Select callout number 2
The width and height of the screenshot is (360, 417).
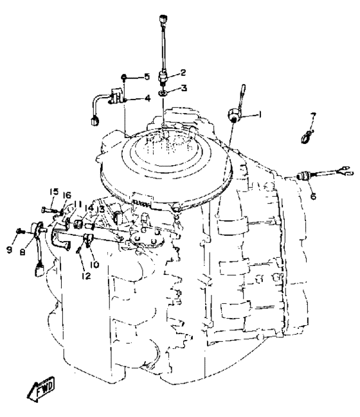pyautogui.click(x=183, y=73)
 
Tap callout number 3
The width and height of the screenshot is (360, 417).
pyautogui.click(x=184, y=88)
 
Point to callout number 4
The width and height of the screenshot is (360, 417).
pyautogui.click(x=147, y=98)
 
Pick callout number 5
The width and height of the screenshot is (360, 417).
pyautogui.click(x=147, y=77)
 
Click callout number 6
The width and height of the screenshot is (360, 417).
pyautogui.click(x=314, y=196)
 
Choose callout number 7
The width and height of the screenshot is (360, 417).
pyautogui.click(x=313, y=116)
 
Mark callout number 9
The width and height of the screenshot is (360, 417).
pyautogui.click(x=9, y=249)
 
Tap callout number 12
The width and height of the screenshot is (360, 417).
pyautogui.click(x=86, y=276)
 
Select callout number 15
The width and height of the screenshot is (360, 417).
pyautogui.click(x=54, y=191)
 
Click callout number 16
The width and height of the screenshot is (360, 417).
pyautogui.click(x=67, y=195)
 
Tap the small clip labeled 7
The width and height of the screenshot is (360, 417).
pyautogui.click(x=307, y=136)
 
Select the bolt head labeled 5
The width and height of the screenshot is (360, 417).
pyautogui.click(x=124, y=77)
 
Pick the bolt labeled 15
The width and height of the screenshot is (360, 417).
pyautogui.click(x=50, y=210)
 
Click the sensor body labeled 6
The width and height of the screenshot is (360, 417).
pyautogui.click(x=303, y=176)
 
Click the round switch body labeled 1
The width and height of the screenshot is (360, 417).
pyautogui.click(x=233, y=114)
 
